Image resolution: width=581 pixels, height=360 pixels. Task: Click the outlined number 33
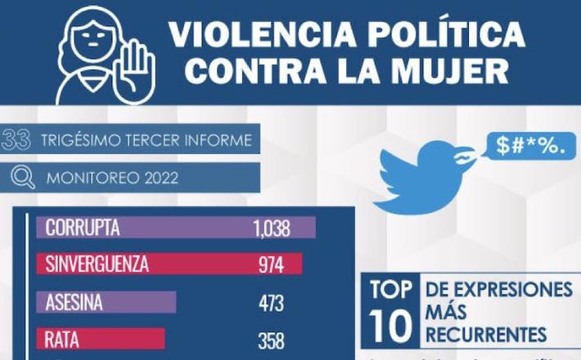(17, 139)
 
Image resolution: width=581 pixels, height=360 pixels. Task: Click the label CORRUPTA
(83, 227)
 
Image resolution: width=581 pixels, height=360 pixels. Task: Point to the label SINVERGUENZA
(97, 265)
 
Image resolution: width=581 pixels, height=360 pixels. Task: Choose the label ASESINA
(74, 302)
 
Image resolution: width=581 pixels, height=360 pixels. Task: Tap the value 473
(270, 303)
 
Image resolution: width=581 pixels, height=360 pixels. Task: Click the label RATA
(62, 338)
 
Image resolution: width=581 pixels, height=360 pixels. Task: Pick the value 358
(270, 339)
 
